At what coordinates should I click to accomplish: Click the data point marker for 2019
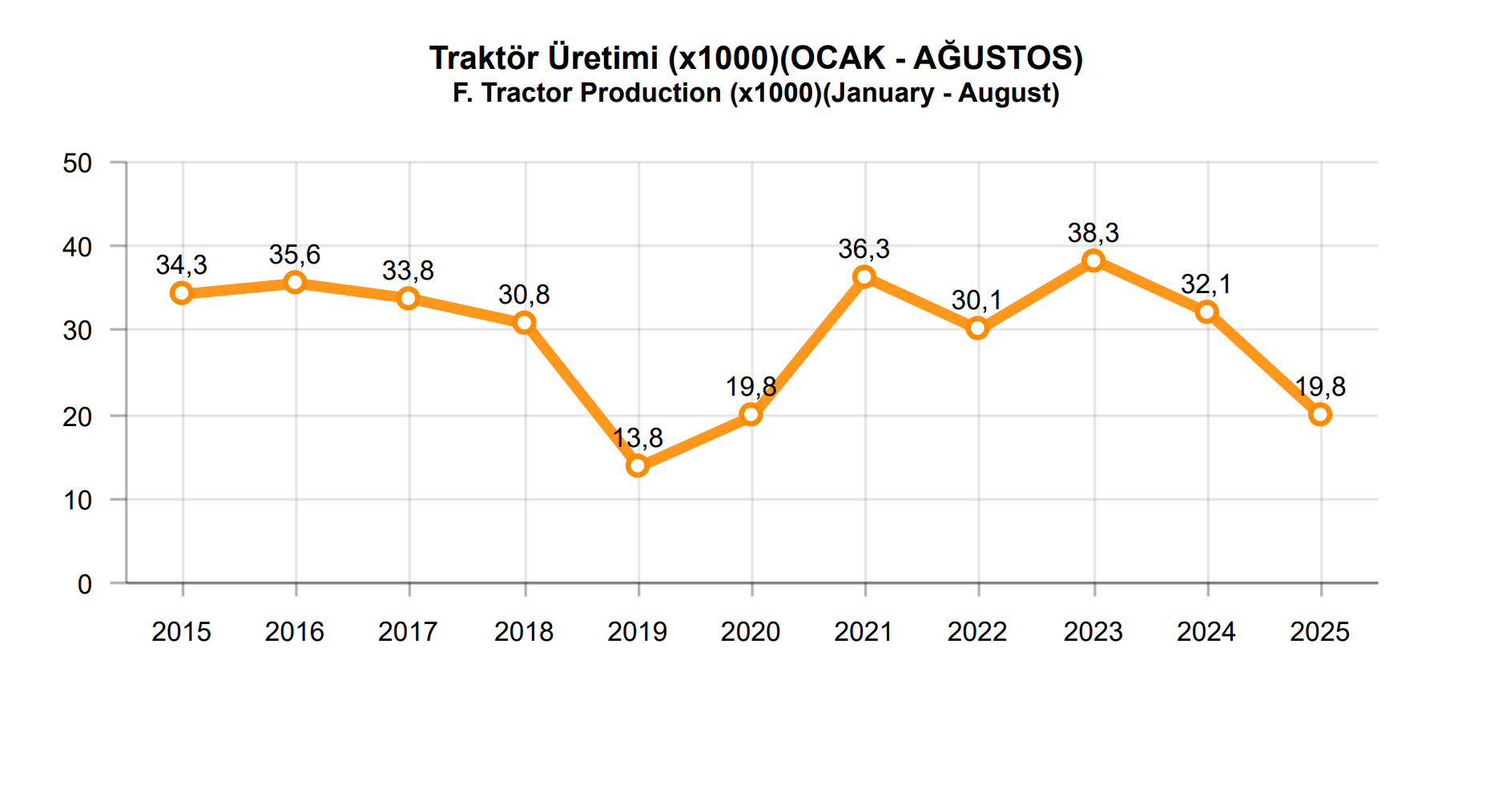638,465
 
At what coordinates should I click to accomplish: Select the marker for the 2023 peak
1093,260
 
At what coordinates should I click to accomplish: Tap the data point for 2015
182,293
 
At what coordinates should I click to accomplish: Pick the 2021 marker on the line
864,277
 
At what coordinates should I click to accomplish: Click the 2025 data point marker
1320,414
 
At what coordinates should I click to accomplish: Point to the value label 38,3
1093,233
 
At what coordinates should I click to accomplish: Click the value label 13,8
638,438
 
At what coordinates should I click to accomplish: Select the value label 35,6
295,255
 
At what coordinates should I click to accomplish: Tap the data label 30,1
977,300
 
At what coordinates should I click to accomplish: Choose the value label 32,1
1206,284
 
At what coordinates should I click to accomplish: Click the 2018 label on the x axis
524,632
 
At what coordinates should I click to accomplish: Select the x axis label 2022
977,632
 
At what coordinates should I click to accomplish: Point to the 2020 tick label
751,632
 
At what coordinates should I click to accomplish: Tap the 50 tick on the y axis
78,163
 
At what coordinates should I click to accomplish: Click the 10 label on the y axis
78,501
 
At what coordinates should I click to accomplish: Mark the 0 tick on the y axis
85,585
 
